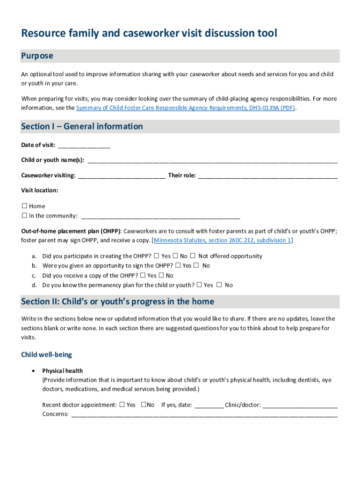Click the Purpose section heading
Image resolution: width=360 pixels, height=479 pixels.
coord(37,56)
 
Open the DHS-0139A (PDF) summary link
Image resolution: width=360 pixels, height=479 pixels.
coord(186,108)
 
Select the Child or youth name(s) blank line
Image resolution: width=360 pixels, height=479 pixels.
coord(212,160)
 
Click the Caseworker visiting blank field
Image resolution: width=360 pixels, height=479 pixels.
coord(122,176)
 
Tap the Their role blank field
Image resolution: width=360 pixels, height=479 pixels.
coord(268,176)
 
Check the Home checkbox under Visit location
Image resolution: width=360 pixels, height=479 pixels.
coord(25,206)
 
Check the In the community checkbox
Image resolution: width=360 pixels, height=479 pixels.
coord(25,216)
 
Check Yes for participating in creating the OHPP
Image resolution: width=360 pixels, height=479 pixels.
coord(156,256)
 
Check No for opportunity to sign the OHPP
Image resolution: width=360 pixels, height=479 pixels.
coord(196,266)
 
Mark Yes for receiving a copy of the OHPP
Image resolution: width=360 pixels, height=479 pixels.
coord(143,276)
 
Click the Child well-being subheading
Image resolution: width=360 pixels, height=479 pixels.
coord(46,355)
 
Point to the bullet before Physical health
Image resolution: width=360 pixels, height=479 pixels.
coord(32,370)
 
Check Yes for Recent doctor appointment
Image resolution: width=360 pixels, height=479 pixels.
coord(122,405)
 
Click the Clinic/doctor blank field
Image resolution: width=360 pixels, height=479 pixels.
coord(300,405)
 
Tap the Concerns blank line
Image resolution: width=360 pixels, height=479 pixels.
coord(204,414)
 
